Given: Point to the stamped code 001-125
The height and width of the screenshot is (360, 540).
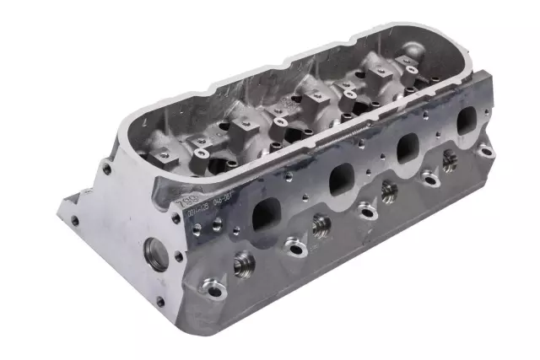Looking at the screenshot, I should (191, 216).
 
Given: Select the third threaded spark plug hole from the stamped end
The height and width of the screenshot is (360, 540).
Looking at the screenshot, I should (389, 192).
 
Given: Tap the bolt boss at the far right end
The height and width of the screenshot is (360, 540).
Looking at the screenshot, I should (483, 153).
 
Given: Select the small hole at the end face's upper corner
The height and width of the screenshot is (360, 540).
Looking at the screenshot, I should (107, 169).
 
